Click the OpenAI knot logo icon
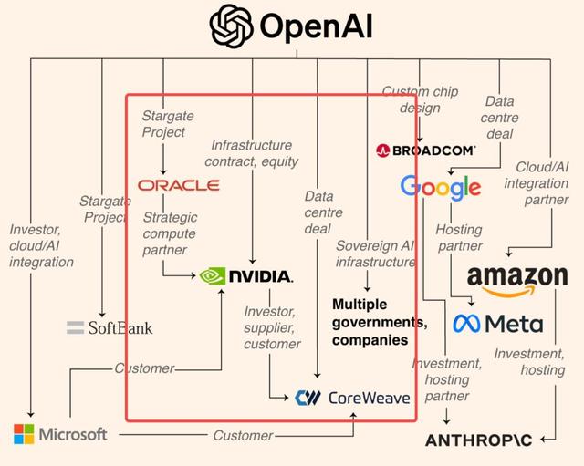(x=231, y=26)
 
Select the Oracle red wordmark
(x=179, y=185)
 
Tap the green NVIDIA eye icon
(x=212, y=275)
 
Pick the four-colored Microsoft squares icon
(x=25, y=434)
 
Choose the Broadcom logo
(x=425, y=150)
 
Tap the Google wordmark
(x=440, y=188)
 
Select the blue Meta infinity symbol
(x=467, y=324)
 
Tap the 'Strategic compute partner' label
(x=172, y=233)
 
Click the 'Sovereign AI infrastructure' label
(x=375, y=254)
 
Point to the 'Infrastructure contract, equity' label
(x=251, y=153)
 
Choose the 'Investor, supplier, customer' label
(x=271, y=327)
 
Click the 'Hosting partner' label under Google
(x=458, y=238)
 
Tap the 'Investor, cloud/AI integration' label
(x=41, y=245)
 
